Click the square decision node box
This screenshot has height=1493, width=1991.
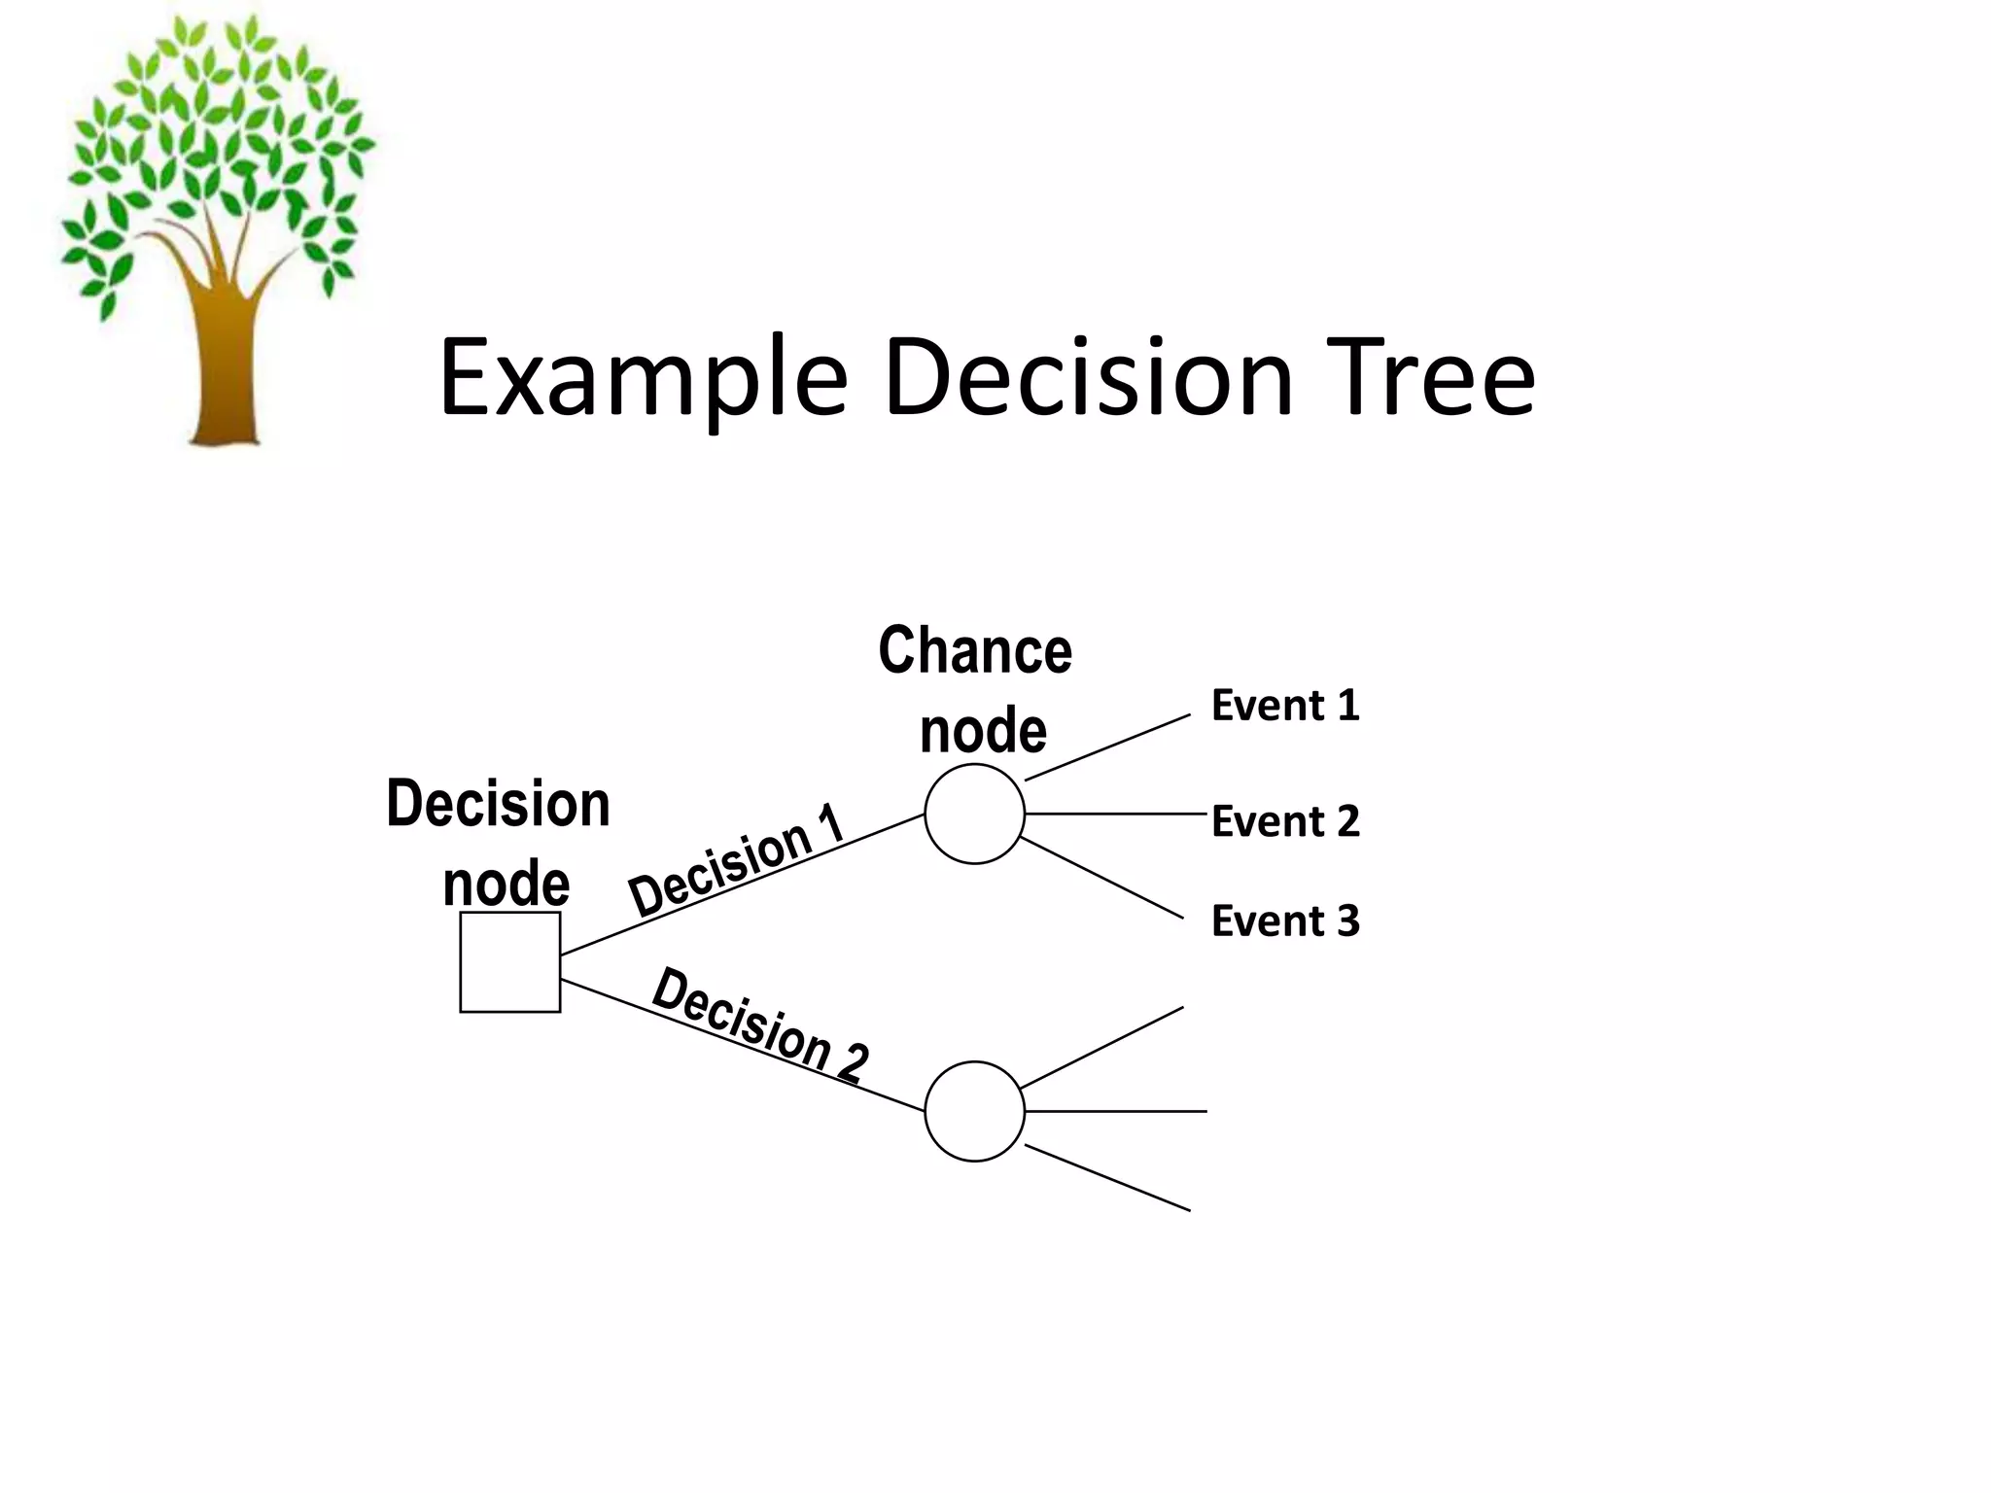point(509,961)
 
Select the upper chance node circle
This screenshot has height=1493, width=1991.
point(974,814)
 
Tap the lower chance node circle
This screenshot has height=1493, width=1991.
point(974,1111)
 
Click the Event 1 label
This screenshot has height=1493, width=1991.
point(1284,706)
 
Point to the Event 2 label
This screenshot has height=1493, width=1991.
point(1284,821)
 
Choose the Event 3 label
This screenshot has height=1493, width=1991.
point(1284,920)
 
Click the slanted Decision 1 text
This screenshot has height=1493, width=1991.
point(737,859)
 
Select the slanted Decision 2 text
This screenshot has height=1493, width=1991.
point(759,1024)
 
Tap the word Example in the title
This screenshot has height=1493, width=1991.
point(643,379)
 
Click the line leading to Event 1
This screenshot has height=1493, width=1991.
point(1107,747)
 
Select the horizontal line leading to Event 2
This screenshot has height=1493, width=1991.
point(1115,813)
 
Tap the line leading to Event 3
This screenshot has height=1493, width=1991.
point(1102,878)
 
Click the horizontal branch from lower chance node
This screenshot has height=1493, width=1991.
point(1115,1110)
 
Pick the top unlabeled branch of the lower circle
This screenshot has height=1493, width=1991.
point(1102,1047)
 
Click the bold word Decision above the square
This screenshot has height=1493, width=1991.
point(498,805)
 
